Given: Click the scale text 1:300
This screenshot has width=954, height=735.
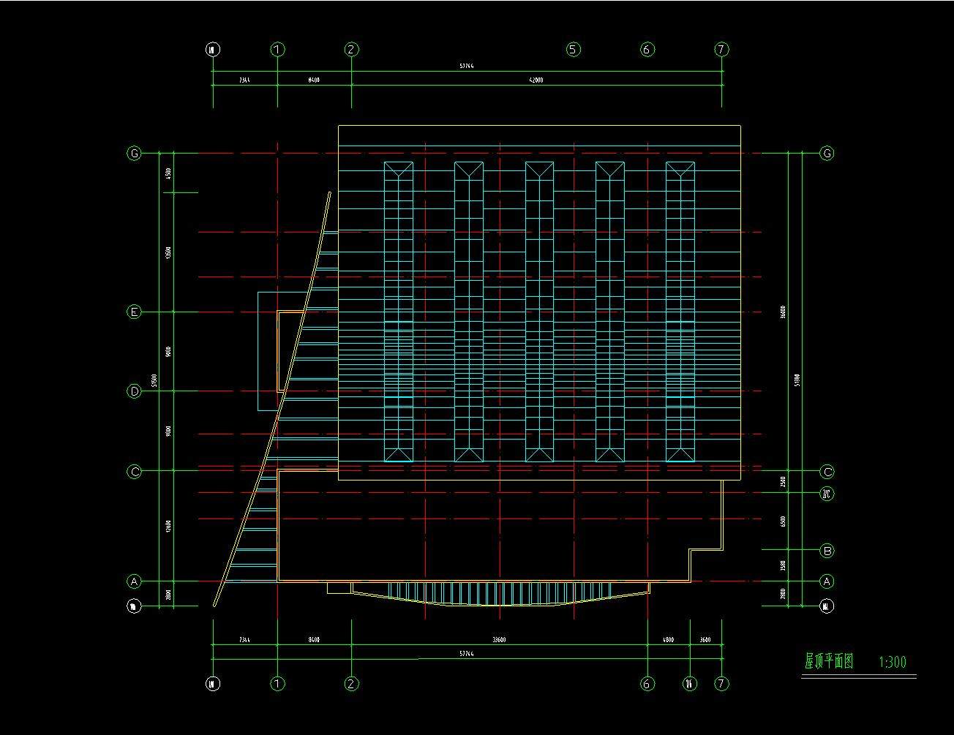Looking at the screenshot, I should point(892,663).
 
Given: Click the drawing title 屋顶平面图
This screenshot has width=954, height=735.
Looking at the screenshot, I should point(829,662).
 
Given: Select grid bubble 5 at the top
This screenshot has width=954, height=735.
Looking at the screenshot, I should point(573,50).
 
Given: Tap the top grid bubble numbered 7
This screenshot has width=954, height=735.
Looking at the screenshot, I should point(722,50).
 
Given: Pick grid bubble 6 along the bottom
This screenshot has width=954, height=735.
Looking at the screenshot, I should point(647,684).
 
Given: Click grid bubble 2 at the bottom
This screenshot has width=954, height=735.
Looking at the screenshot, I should point(351,684).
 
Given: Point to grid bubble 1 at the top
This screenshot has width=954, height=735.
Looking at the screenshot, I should point(277,50).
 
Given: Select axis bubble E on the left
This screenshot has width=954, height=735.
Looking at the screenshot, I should point(134,312).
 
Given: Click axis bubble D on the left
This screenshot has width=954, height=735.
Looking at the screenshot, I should point(134,391).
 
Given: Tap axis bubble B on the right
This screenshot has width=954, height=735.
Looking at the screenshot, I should point(827,551).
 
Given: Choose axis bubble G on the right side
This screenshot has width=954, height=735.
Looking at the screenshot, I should point(827,154).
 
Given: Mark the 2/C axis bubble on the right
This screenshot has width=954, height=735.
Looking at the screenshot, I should point(827,494).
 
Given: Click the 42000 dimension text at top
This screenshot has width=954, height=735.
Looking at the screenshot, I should point(536,80).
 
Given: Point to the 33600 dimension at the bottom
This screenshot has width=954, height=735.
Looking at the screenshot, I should point(499,640).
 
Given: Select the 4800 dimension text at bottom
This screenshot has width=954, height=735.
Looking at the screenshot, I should point(668,640).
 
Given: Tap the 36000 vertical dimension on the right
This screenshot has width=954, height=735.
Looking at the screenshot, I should point(783,312).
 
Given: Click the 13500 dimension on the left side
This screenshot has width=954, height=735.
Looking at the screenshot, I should point(168,253).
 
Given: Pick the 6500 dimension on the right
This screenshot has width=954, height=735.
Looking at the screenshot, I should point(783,521).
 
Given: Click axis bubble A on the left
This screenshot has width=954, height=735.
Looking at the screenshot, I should point(134,581).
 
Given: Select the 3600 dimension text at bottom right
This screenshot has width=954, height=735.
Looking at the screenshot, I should point(705,640).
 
